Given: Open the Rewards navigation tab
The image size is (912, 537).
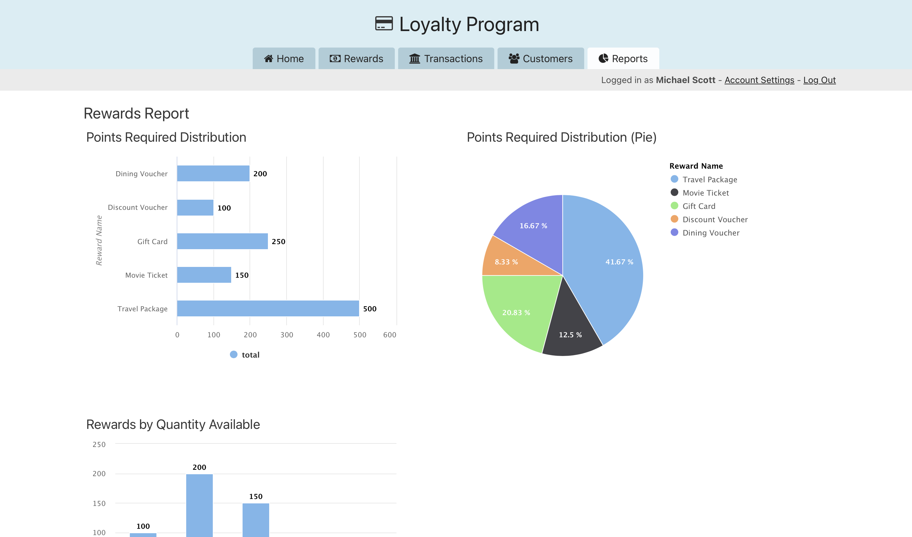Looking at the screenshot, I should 356,59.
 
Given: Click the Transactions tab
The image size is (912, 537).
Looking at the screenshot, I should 446,59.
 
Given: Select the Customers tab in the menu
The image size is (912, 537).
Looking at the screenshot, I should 540,59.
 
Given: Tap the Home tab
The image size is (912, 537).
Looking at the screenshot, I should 284,59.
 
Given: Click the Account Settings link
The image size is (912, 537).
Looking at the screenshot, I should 759,80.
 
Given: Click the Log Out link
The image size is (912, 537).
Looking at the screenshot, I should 819,80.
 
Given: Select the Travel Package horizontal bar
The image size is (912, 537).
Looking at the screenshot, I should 268,308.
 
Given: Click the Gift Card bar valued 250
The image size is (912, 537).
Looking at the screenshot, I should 222,241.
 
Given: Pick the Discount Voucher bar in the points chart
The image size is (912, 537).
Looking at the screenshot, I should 195,208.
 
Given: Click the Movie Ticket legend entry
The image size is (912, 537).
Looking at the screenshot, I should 705,193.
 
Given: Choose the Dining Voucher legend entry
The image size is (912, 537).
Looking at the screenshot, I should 710,233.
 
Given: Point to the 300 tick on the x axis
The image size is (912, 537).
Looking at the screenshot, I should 287,335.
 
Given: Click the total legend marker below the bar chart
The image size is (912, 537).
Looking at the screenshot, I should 234,355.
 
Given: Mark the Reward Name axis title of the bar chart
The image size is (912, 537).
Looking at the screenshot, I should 99,241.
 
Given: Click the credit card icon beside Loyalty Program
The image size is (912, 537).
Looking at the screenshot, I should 383,24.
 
